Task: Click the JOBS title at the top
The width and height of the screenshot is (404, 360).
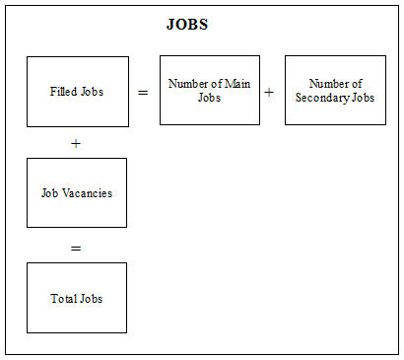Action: tap(187, 25)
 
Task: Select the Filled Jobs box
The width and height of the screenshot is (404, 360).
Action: tap(77, 92)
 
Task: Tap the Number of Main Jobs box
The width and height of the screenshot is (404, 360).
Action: tap(209, 90)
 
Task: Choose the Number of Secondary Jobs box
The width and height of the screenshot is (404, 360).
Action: tap(334, 90)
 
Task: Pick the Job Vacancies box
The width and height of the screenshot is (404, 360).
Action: tap(77, 192)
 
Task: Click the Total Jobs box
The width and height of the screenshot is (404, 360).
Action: tap(77, 298)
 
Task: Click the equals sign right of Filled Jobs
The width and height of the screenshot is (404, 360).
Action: tap(143, 92)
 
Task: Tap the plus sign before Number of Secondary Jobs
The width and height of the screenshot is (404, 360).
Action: tap(269, 92)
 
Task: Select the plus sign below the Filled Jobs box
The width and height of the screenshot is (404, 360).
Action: tap(76, 143)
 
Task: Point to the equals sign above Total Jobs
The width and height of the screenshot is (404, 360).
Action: tap(76, 248)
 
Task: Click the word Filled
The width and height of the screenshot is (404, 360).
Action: tap(63, 92)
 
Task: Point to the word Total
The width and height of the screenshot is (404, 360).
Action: tap(63, 298)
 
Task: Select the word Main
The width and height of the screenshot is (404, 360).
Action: tap(236, 84)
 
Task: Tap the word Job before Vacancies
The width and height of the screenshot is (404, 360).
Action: tap(50, 192)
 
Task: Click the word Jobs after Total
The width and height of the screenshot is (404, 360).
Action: tap(91, 298)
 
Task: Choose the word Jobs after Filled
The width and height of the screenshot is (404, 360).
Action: tap(92, 92)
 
